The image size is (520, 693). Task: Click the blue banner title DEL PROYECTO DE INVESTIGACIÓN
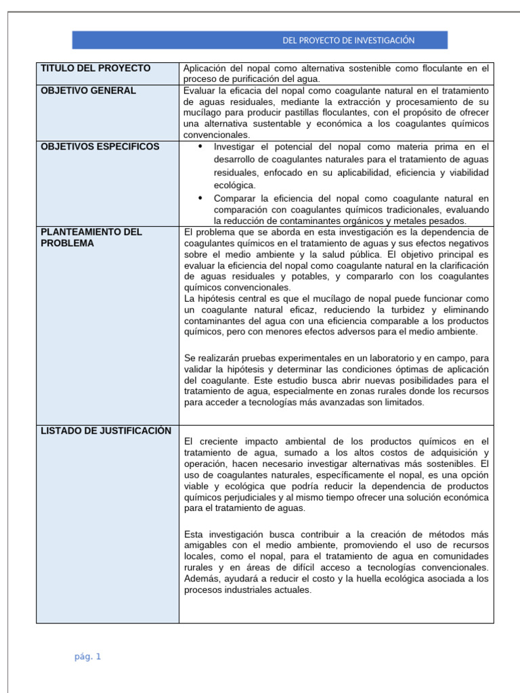coord(348,41)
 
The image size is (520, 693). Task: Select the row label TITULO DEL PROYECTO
coord(95,68)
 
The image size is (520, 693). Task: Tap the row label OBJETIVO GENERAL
coord(88,91)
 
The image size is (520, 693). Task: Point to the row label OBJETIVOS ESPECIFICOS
coord(100,147)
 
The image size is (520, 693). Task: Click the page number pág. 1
coord(88,656)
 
